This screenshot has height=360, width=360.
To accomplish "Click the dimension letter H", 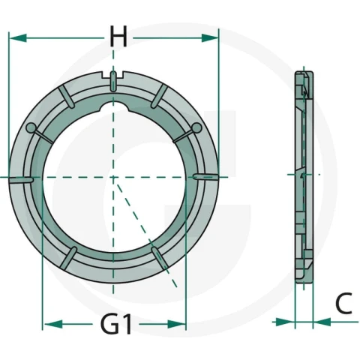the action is tap(118, 37).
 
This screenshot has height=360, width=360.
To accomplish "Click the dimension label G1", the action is tap(116, 324).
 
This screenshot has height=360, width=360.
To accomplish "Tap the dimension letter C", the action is tap(343, 304).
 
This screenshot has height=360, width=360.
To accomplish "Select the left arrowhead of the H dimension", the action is tap(18, 38).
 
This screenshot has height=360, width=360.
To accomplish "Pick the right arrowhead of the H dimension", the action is tap(210, 38).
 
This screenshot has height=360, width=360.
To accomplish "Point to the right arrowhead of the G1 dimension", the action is tap(177, 324).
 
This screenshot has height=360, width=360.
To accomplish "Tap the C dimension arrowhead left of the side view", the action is tap(285, 322).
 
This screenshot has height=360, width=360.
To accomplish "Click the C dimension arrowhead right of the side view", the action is tap(322, 322).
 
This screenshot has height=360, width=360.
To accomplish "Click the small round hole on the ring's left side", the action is tap(31, 127).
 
